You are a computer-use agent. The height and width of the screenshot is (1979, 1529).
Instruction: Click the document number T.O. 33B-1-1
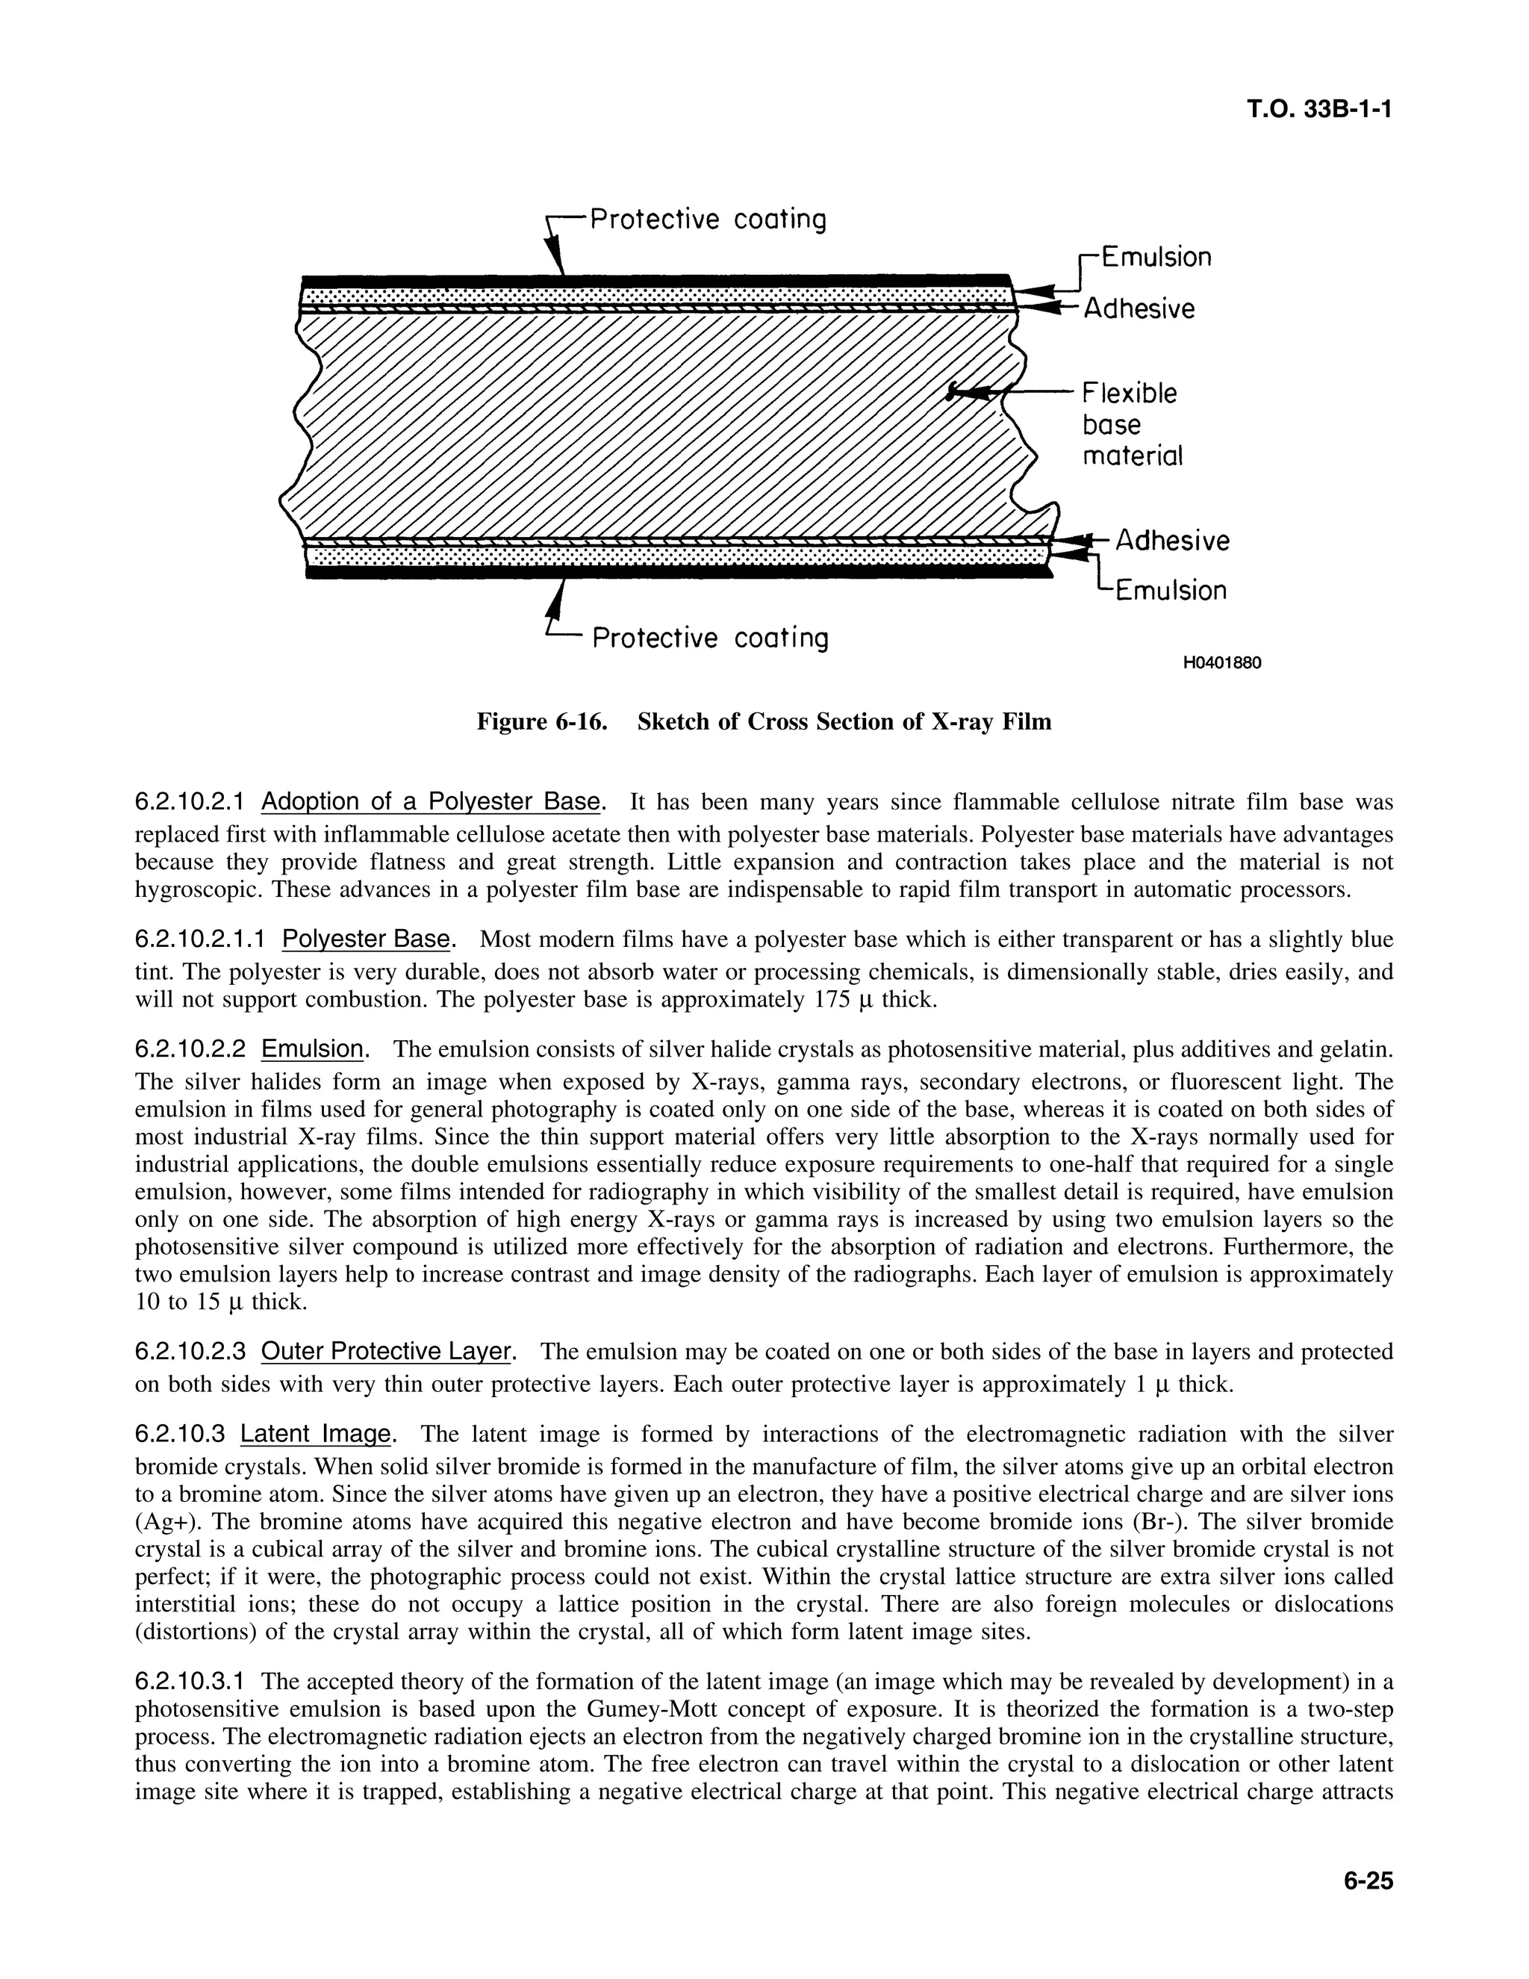coord(1318,110)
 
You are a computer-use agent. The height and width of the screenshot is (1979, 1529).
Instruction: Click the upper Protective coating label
coord(708,220)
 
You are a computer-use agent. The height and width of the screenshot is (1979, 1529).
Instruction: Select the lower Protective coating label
coord(710,638)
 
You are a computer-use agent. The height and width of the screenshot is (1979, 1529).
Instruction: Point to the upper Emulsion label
coord(1156,258)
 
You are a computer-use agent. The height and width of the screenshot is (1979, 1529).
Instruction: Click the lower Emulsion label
coord(1171,591)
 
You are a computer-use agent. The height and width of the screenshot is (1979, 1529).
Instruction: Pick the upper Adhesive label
coord(1139,309)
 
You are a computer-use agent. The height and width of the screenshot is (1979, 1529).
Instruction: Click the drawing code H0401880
coord(1222,662)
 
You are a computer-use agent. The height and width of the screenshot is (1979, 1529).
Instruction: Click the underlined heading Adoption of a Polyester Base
coord(430,802)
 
